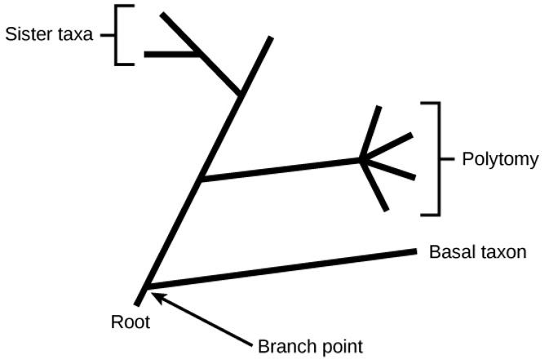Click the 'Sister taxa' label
point(48,34)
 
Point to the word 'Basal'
point(448,252)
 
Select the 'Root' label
point(131,322)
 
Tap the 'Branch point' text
point(310,345)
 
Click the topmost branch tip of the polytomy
point(378,109)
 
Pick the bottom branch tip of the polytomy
point(385,210)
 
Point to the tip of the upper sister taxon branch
point(163,16)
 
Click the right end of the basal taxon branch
point(415,251)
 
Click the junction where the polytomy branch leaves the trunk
point(202,179)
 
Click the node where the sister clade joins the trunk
point(241,95)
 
